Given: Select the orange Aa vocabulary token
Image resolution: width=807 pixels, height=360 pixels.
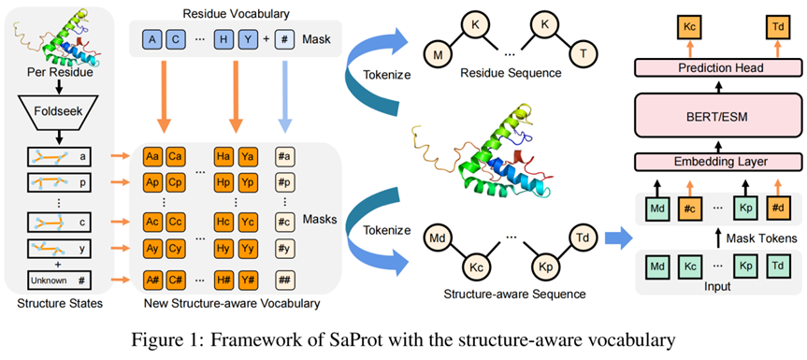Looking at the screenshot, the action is [x=152, y=157].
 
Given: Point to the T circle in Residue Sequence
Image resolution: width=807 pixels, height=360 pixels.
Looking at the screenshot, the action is [x=582, y=54].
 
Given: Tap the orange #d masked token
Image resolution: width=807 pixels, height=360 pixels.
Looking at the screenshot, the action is [x=777, y=209].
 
